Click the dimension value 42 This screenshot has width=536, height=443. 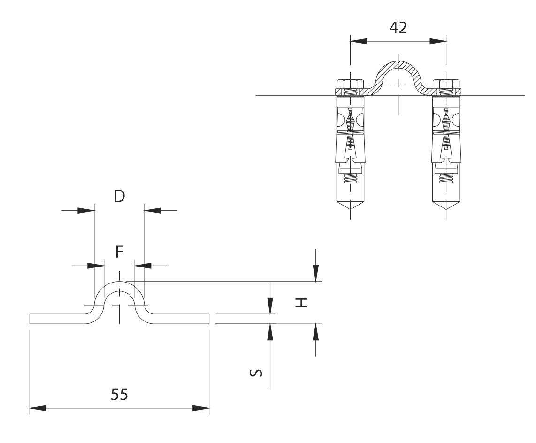pos(398,28)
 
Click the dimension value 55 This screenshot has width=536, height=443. pos(119,395)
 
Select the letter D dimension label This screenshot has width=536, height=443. pos(119,197)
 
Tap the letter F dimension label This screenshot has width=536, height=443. pos(119,252)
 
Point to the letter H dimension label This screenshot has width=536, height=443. pos(302,302)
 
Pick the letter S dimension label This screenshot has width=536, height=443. pos(256,373)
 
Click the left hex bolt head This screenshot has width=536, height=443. pos(350,84)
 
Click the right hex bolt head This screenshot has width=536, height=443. pos(446,84)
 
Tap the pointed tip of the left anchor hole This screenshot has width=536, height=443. pos(351,210)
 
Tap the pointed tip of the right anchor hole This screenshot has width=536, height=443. pos(446,210)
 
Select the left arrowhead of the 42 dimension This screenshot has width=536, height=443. pos(358,41)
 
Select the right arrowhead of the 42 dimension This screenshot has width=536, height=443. pos(438,41)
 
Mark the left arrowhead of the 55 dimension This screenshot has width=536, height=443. pos(38,408)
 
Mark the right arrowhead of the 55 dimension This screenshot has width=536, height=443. pos(201,408)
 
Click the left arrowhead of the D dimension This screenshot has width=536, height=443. pos(86,210)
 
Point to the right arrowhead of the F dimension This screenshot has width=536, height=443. pos(143,266)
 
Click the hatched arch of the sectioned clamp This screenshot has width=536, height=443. pos(398,65)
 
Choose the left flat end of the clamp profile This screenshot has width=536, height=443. pos(30,319)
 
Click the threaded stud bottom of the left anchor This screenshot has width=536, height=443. pos(351,179)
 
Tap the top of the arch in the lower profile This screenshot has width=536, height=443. pos(119,282)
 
